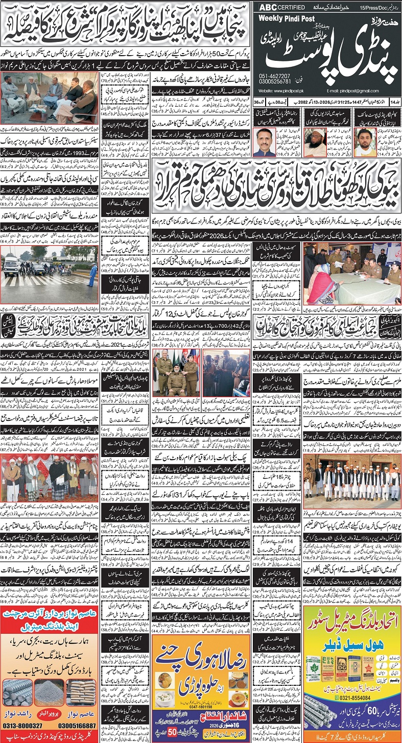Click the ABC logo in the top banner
tap(270, 8)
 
